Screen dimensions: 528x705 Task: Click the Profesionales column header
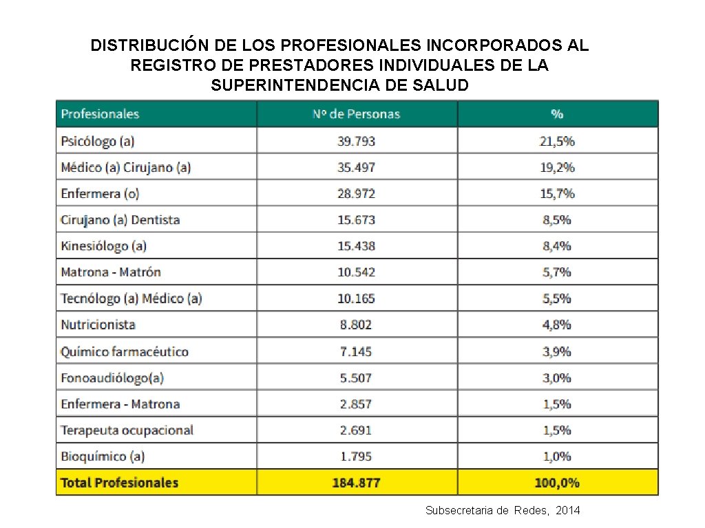[100, 114]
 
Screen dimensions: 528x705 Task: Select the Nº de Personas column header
[356, 114]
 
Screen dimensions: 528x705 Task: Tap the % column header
[557, 114]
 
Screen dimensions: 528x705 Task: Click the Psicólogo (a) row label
[97, 141]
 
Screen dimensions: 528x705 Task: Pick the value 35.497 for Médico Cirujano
[356, 167]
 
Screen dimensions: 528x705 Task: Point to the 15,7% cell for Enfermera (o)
[557, 194]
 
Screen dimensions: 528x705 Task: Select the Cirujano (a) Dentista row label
[120, 220]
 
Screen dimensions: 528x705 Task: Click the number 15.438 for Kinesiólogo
[356, 246]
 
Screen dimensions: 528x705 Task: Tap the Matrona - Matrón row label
[111, 272]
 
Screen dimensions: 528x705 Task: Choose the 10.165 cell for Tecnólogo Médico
[356, 298]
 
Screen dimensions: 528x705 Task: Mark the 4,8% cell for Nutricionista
[557, 325]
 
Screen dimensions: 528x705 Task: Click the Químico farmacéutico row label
[125, 351]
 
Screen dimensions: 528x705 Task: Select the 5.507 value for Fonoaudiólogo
[356, 377]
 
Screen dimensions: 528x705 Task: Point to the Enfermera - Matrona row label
[120, 404]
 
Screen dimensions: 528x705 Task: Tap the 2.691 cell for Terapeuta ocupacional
[356, 430]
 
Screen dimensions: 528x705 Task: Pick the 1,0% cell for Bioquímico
[557, 456]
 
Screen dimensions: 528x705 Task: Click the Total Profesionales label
[119, 483]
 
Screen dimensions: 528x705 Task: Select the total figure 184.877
[356, 483]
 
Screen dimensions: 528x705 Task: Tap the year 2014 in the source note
[567, 510]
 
